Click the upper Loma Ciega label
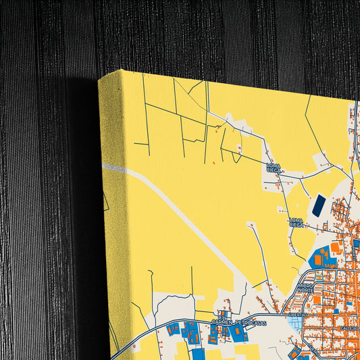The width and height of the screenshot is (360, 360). (274, 168)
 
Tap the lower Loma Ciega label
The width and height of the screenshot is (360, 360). (297, 222)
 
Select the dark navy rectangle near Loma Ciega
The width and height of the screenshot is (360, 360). (317, 205)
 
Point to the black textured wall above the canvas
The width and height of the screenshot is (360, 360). (203, 34)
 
